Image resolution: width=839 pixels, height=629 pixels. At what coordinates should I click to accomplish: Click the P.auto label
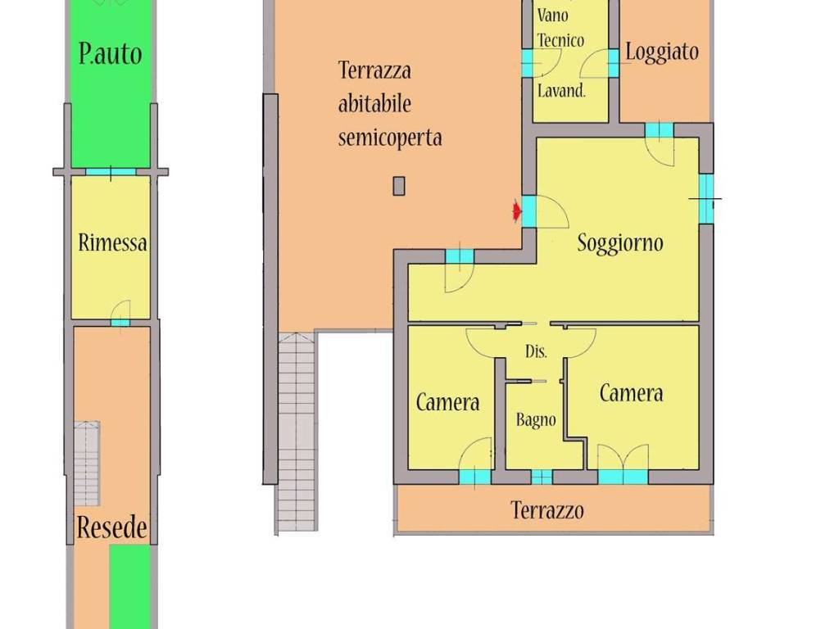pos(110,54)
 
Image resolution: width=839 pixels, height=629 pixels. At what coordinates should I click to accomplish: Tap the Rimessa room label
pos(112,242)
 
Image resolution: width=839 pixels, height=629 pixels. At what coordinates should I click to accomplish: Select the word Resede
pos(112,527)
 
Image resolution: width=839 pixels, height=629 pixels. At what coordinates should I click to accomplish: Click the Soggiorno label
pos(619,242)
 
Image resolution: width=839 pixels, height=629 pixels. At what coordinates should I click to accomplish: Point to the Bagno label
pos(536,420)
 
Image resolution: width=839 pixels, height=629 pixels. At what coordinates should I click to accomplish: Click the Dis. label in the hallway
pos(537,351)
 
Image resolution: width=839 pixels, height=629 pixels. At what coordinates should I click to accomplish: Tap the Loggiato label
pos(662,52)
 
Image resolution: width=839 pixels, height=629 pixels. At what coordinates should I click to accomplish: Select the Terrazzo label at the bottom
pos(547,510)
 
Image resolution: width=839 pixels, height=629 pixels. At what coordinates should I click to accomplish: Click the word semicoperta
pos(390,137)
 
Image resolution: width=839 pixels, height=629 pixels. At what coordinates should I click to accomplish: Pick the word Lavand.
pos(561,91)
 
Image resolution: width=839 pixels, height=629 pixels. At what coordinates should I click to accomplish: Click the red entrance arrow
pos(516,212)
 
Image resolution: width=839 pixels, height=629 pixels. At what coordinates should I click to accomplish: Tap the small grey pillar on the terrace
pos(399,186)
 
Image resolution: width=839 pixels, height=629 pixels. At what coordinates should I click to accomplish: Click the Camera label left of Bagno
pos(447,402)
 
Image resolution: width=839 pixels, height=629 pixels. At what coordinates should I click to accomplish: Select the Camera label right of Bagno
pos(631,393)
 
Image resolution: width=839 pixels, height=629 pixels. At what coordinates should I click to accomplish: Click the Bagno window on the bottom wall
pos(542,477)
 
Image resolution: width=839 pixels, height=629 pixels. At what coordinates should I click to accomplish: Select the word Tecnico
pos(560,39)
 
